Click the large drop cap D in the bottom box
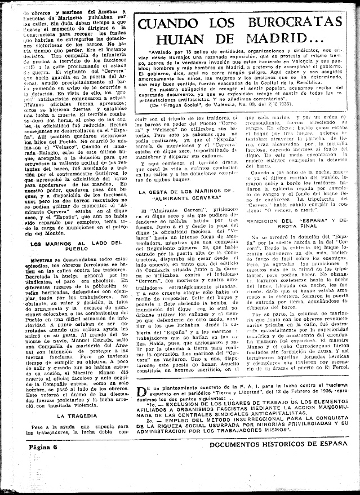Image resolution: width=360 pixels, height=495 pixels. coord(143,407)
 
